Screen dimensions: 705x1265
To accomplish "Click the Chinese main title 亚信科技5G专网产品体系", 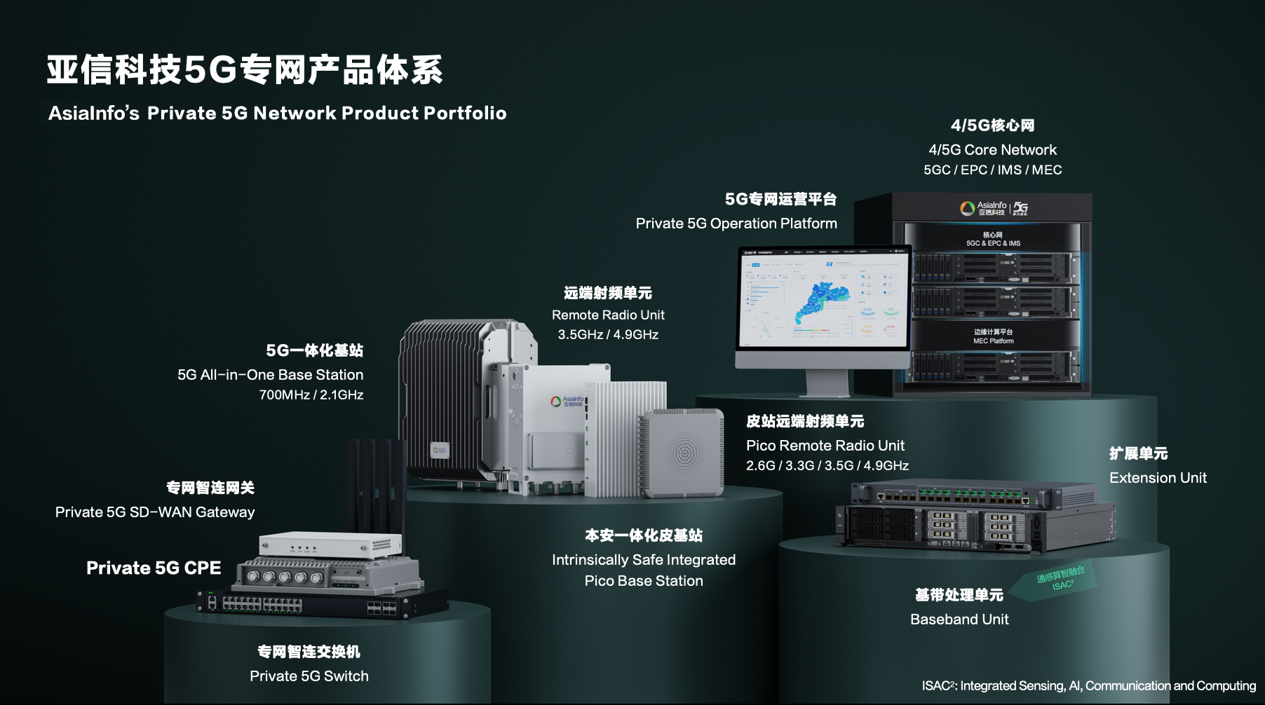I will click(245, 70).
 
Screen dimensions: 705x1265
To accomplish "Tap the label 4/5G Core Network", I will click(992, 149).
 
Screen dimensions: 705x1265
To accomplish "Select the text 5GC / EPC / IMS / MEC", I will click(992, 170).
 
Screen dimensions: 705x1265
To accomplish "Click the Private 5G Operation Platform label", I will click(736, 223).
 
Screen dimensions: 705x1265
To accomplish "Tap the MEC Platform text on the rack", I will click(993, 341).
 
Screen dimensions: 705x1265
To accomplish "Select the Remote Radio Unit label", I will click(608, 315).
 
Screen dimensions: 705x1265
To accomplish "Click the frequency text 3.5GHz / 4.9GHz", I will click(608, 334).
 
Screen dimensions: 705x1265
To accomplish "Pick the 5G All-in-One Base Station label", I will click(270, 374).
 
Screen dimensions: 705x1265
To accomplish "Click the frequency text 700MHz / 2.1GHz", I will click(311, 395).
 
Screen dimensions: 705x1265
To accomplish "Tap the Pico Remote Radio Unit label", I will click(825, 445).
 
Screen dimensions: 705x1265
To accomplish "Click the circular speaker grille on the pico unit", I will click(684, 452).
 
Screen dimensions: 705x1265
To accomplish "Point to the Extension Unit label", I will click(1158, 477).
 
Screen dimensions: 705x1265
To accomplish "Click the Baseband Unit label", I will click(959, 619).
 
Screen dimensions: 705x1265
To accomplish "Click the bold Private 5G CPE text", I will click(154, 568).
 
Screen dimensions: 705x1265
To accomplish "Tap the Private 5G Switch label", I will click(309, 676).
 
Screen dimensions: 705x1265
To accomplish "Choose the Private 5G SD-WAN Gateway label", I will click(155, 512).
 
